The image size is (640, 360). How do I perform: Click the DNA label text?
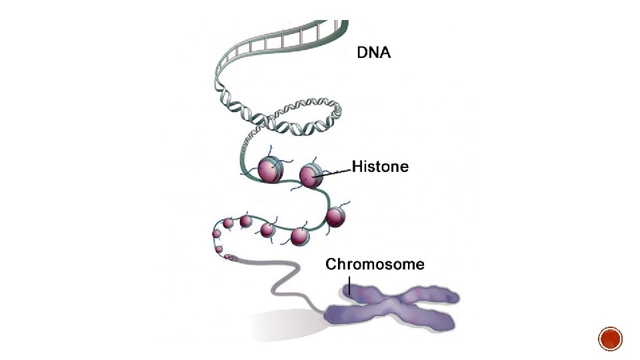click(x=374, y=53)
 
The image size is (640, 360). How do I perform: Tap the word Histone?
click(x=380, y=166)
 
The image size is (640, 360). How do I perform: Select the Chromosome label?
click(x=375, y=265)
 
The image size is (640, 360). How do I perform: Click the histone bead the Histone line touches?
click(x=311, y=175)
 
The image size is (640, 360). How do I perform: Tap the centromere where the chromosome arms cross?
click(x=387, y=306)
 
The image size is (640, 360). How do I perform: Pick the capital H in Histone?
click(x=357, y=166)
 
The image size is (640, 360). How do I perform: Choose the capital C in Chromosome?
click(x=331, y=265)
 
